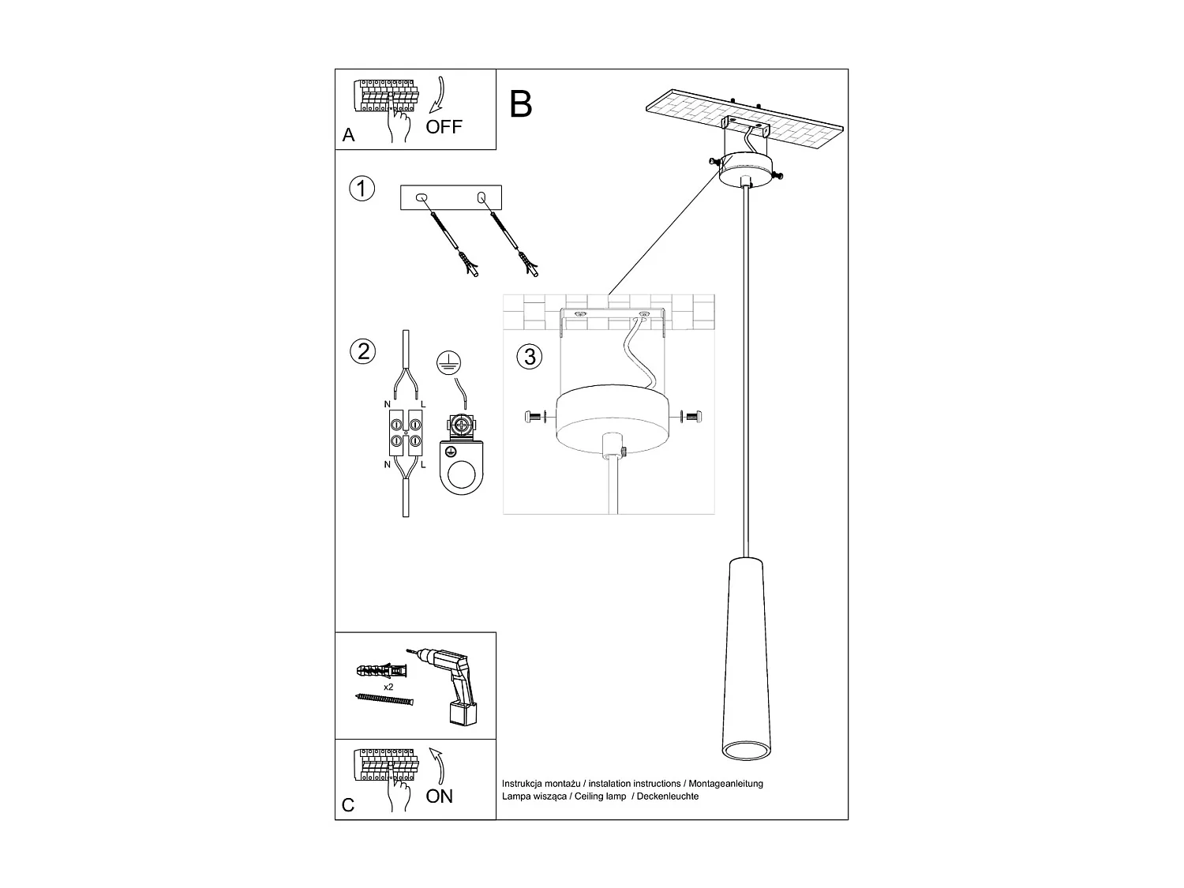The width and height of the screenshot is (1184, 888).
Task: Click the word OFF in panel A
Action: pos(444,127)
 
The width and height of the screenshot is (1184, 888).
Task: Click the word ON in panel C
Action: pos(440,796)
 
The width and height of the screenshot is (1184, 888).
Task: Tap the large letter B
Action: pos(521,104)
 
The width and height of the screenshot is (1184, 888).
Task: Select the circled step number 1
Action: pos(362,189)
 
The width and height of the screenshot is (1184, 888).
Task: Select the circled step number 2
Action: pos(362,350)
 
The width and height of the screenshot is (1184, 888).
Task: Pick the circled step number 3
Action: pos(530,357)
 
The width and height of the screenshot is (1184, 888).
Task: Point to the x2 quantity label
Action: pos(388,688)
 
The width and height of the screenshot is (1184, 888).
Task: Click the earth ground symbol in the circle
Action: pos(448,362)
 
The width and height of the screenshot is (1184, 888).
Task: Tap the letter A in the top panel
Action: pos(349,136)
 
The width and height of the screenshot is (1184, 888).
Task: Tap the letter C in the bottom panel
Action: pos(348,806)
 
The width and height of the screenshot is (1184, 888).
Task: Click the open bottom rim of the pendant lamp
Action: pos(743,751)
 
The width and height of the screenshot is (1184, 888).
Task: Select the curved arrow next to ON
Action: pos(437,765)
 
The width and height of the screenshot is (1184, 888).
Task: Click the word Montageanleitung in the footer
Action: pos(725,784)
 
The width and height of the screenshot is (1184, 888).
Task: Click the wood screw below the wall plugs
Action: pos(384,700)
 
